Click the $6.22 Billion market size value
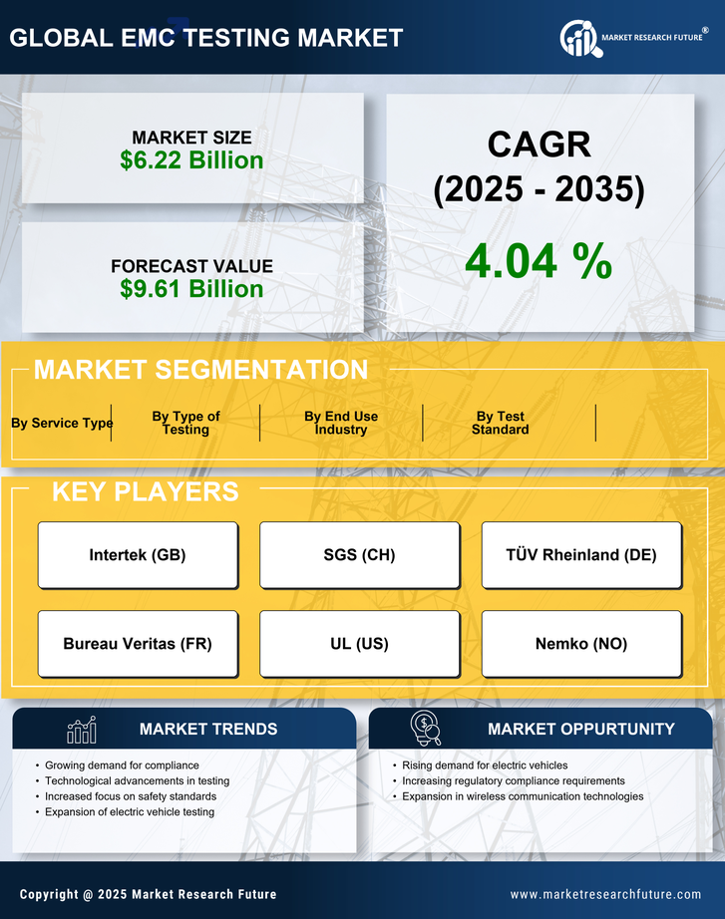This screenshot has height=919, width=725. (191, 160)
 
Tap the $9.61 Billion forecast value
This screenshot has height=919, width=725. (191, 289)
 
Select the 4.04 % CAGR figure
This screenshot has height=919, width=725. (539, 261)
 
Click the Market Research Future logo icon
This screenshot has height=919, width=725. (578, 38)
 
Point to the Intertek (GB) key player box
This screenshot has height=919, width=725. (138, 555)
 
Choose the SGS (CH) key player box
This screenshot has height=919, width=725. (359, 555)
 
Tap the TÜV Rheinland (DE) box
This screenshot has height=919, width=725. (581, 555)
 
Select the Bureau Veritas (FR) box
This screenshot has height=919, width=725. (138, 644)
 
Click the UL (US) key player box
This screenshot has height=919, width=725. (359, 644)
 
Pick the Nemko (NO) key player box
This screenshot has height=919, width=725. (581, 644)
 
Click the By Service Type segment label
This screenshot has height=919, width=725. (62, 423)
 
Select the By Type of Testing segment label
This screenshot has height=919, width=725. (185, 423)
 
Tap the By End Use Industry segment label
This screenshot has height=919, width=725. (341, 423)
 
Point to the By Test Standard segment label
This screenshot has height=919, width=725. (500, 423)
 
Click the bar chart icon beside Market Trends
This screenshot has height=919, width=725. (82, 731)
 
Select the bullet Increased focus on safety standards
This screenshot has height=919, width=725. (131, 796)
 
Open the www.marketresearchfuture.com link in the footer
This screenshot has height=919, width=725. (605, 894)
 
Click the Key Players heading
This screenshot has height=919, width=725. (145, 491)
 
